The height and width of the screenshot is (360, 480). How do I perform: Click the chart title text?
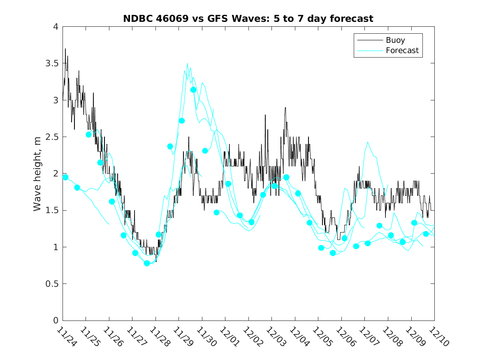pos(248,19)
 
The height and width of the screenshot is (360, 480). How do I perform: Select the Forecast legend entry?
pos(402,51)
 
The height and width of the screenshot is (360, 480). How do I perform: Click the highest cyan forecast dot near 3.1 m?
pos(193,90)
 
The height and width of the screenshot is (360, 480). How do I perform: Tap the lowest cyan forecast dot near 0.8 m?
pos(147,263)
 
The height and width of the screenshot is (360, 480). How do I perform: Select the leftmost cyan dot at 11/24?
pos(65,177)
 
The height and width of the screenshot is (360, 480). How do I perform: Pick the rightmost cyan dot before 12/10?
pos(426,234)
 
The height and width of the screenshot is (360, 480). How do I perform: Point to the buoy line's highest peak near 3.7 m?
pos(65,49)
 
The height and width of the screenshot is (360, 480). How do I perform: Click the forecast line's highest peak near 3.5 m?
pos(187,63)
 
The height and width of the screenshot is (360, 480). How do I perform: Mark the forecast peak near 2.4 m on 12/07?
pos(368,142)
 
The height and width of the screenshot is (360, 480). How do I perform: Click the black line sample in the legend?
pos(369,40)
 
